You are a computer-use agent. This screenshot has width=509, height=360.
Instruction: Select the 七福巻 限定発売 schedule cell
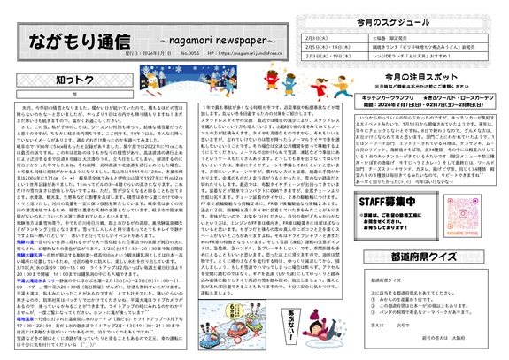point(372,39)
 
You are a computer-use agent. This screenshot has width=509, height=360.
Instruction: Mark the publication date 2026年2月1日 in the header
point(156,55)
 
